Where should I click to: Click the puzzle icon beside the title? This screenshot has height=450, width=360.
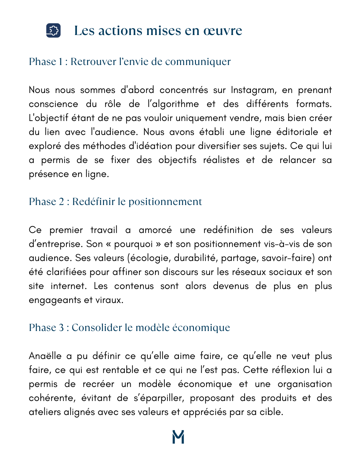(53, 30)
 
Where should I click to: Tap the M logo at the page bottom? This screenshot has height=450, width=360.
(178, 437)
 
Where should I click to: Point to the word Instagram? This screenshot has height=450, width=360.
(253, 90)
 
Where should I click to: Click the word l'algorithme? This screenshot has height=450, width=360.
(173, 104)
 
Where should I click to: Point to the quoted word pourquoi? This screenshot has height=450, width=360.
(133, 244)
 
